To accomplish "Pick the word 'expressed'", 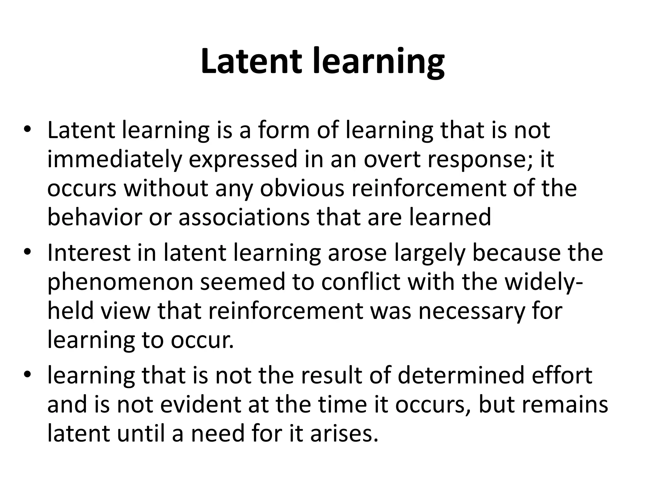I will [243, 159].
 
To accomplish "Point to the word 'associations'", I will [244, 217].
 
